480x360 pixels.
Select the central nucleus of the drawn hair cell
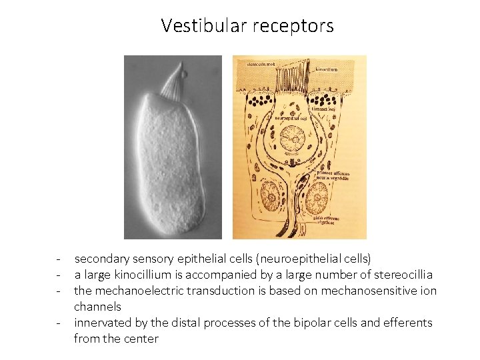point(292,139)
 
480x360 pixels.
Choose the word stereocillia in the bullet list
point(401,275)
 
